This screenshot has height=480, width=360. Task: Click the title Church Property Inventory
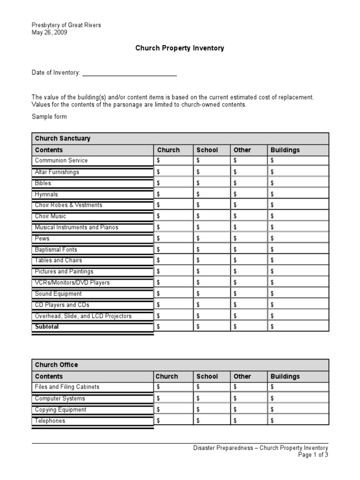click(180, 48)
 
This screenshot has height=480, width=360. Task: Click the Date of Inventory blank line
click(129, 73)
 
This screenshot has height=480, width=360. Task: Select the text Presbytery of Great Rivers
click(66, 25)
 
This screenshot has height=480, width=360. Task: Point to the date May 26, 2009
click(49, 32)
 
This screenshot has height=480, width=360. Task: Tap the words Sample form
click(49, 117)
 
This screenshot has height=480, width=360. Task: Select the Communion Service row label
click(61, 160)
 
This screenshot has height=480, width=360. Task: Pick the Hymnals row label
click(46, 194)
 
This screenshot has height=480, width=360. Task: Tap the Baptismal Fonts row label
click(56, 249)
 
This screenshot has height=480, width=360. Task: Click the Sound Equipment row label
click(58, 294)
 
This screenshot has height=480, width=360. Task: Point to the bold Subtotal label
click(47, 327)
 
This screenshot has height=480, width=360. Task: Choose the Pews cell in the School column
click(212, 239)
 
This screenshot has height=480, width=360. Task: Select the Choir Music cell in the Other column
click(248, 216)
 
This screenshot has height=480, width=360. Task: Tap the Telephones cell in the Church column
click(173, 421)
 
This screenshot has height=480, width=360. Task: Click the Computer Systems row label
click(60, 398)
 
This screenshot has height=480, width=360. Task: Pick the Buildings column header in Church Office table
click(285, 376)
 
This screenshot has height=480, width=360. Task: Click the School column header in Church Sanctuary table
click(207, 150)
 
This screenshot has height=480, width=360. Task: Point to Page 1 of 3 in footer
click(313, 455)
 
